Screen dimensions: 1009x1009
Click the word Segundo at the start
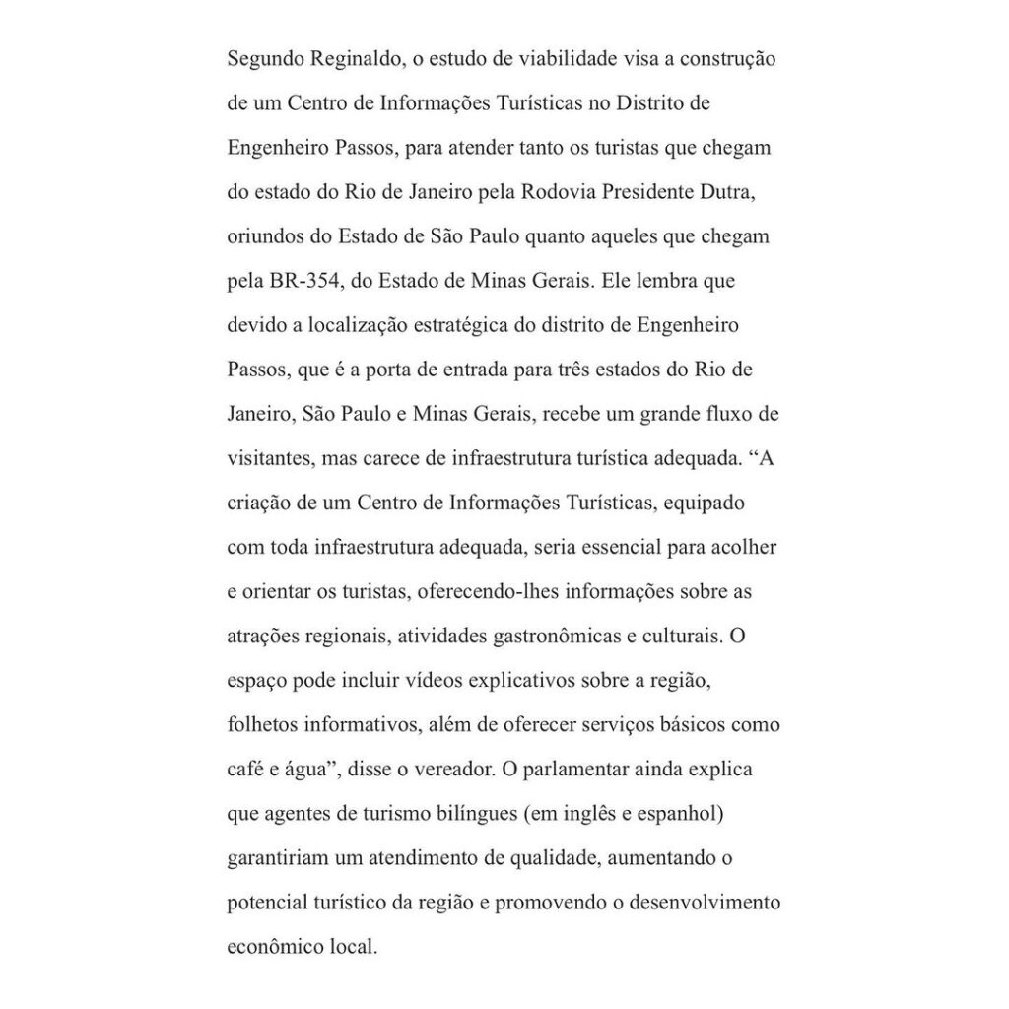pos(263,59)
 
